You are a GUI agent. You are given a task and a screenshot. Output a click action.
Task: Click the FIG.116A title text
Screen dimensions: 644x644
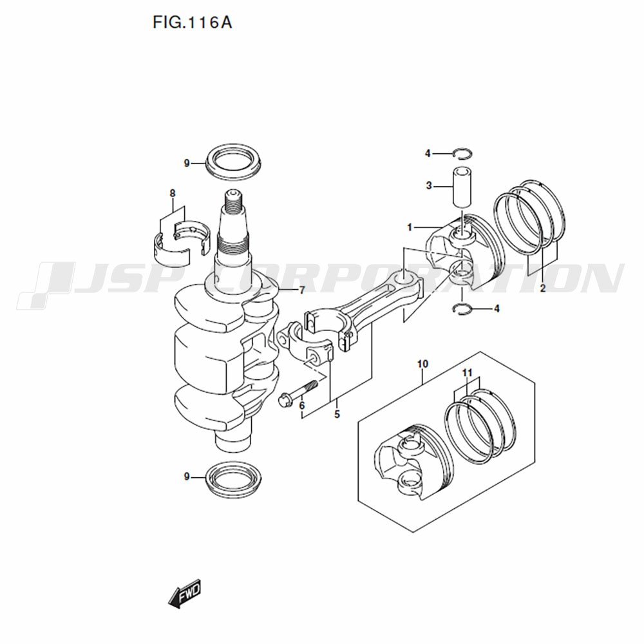tap(192, 22)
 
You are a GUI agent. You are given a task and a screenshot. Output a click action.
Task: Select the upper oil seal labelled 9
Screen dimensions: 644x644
tap(233, 162)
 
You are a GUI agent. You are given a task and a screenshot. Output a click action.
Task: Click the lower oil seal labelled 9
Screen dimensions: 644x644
tap(233, 478)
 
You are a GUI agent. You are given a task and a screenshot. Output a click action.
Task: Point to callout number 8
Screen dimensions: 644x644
tap(173, 193)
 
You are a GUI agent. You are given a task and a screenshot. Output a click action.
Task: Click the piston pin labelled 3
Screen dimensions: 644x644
tap(462, 188)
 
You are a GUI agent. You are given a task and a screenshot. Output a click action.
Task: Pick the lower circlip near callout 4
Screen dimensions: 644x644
tap(462, 309)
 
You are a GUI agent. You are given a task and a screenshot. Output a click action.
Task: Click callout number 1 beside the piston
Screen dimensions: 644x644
tap(410, 227)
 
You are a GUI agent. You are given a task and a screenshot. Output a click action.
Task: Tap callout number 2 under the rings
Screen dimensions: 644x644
tap(542, 289)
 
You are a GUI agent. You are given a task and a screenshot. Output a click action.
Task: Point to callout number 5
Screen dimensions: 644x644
tap(337, 414)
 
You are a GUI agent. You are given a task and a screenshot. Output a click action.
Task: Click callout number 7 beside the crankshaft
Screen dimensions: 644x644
tap(302, 290)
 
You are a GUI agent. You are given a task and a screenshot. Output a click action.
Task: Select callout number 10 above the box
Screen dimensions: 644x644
tap(422, 364)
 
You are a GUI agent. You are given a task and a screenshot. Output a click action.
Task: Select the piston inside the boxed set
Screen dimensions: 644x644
tap(415, 462)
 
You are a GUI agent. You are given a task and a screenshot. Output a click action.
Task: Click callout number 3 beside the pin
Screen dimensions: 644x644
tap(429, 186)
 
